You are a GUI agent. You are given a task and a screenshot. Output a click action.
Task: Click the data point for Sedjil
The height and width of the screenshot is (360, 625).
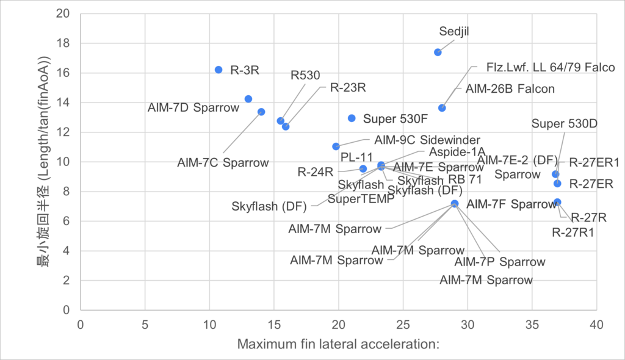pyautogui.click(x=438, y=52)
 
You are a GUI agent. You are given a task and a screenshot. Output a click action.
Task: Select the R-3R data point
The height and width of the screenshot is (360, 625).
pyautogui.click(x=219, y=70)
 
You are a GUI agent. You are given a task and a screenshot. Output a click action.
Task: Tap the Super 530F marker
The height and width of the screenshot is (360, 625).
pyautogui.click(x=352, y=118)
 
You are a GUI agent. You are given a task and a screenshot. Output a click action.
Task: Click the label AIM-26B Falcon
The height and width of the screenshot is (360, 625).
pyautogui.click(x=510, y=88)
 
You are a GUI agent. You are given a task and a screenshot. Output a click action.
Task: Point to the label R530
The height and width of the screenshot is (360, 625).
pyautogui.click(x=305, y=76)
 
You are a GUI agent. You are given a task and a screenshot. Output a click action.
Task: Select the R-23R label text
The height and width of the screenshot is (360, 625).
pyautogui.click(x=347, y=87)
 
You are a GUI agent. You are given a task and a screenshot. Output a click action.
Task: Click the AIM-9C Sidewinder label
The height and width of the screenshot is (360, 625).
pyautogui.click(x=427, y=140)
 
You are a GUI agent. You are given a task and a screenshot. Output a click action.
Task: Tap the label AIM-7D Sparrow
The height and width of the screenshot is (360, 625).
pyautogui.click(x=193, y=108)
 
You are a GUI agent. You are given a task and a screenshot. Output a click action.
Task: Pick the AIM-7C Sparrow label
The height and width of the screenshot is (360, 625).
pyautogui.click(x=223, y=163)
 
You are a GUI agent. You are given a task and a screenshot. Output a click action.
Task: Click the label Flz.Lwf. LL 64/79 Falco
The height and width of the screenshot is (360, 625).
pyautogui.click(x=551, y=67)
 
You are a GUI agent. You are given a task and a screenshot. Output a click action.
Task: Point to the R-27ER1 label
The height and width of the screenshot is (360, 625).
pyautogui.click(x=594, y=162)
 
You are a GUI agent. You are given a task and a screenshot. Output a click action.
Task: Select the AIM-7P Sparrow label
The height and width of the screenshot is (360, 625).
pyautogui.click(x=500, y=262)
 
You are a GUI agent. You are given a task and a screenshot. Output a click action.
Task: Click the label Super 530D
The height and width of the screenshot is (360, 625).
pyautogui.click(x=564, y=124)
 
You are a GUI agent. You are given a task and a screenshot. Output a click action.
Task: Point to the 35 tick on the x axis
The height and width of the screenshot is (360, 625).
pyautogui.click(x=532, y=323)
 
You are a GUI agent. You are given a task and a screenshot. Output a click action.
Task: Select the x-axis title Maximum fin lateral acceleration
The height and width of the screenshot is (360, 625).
pyautogui.click(x=338, y=345)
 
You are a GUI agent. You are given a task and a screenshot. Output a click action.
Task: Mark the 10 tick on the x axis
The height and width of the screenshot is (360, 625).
pyautogui.click(x=209, y=323)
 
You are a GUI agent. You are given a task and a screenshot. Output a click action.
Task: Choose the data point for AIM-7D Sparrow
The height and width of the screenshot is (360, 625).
pyautogui.click(x=248, y=99)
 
